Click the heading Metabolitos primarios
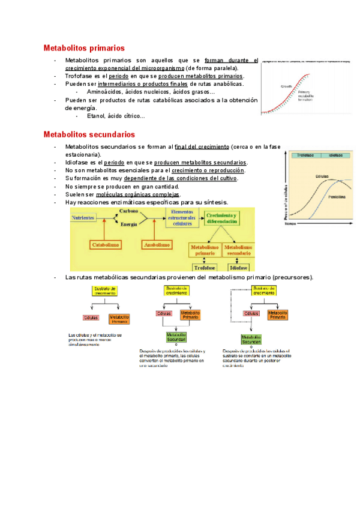[x=84, y=47]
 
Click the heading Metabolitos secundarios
[x=89, y=134]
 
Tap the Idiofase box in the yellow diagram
[x=239, y=268]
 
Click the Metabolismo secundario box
[x=239, y=250]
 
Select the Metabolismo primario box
[x=205, y=250]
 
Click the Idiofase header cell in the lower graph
[x=334, y=155]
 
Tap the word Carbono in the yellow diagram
[x=128, y=212]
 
